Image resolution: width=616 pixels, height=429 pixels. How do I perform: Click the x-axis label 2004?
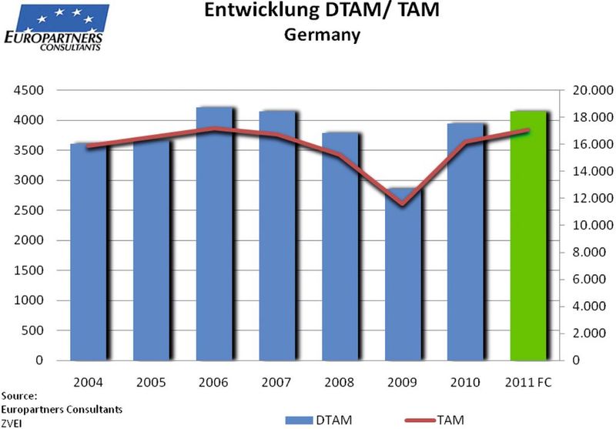click(x=89, y=382)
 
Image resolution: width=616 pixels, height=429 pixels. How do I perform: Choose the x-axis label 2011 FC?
click(x=529, y=382)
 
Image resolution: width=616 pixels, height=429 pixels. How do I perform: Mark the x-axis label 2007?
click(x=277, y=382)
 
